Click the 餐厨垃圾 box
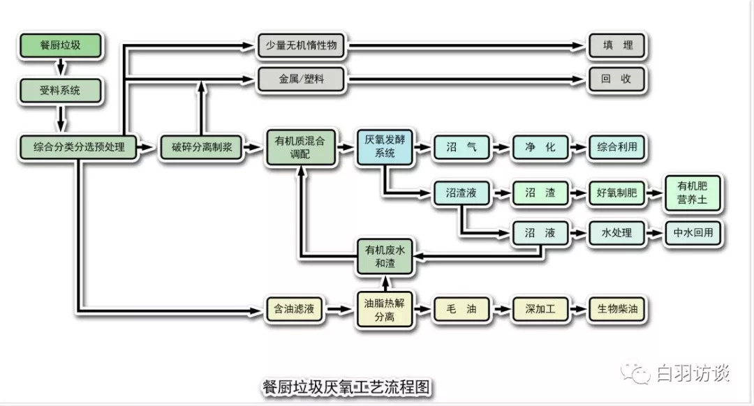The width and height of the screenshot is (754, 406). [x=60, y=46]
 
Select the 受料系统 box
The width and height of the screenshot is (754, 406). [x=60, y=90]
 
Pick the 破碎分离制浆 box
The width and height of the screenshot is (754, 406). [x=202, y=147]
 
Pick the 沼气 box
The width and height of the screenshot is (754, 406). [x=461, y=147]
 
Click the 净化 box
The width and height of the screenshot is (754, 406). [x=540, y=147]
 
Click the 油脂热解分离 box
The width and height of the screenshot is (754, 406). [x=385, y=309]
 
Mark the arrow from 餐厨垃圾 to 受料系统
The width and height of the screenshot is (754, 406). [x=61, y=68]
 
